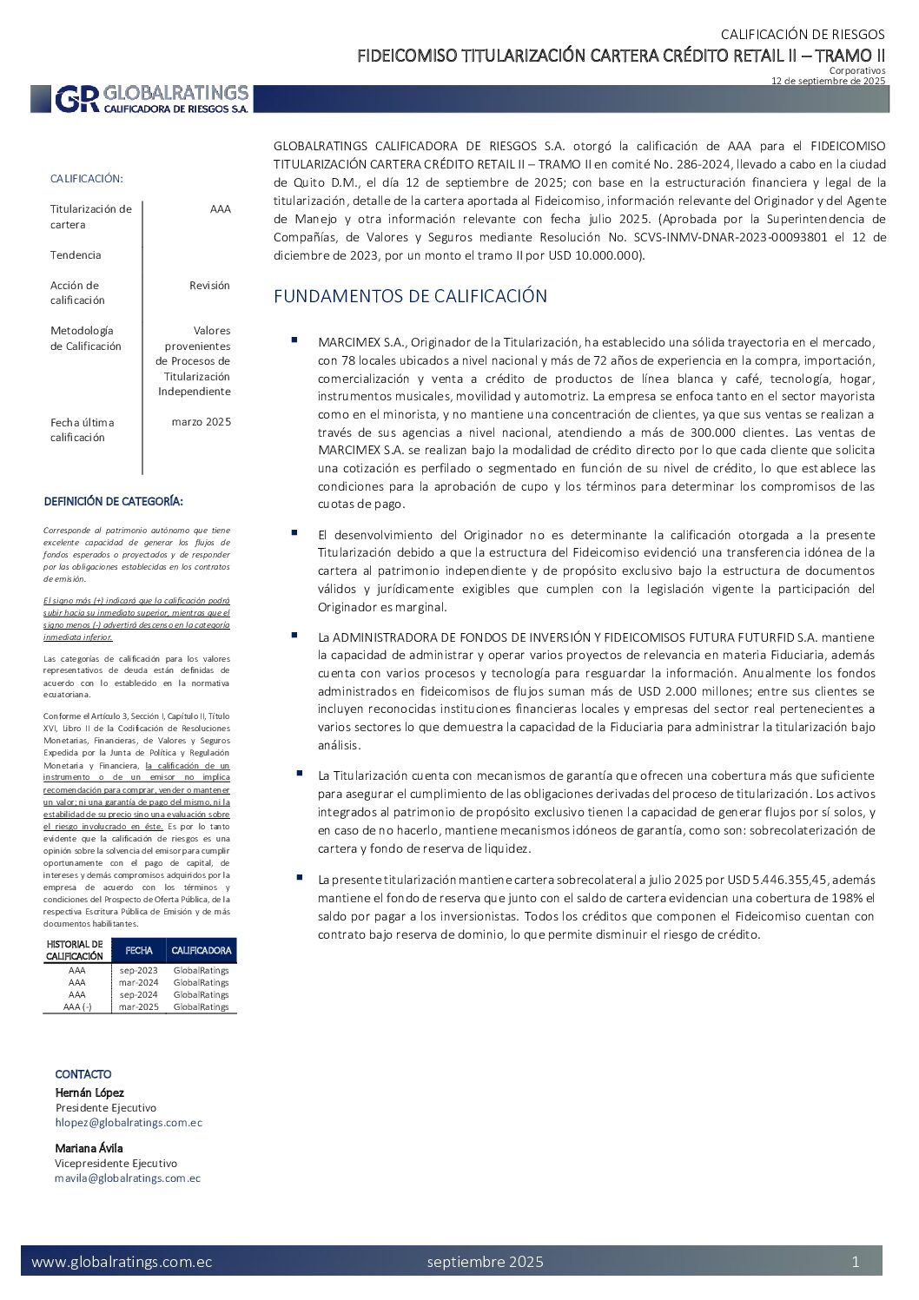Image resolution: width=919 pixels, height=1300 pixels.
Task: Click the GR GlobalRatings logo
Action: pyautogui.click(x=152, y=99)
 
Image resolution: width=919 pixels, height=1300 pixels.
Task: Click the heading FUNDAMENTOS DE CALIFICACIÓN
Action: pyautogui.click(x=410, y=296)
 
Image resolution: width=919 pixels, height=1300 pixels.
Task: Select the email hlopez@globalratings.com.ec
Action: pyautogui.click(x=129, y=1122)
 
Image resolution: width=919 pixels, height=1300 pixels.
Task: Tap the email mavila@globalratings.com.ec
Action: pyautogui.click(x=128, y=1178)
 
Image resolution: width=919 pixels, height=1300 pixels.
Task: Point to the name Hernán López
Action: pyautogui.click(x=89, y=1092)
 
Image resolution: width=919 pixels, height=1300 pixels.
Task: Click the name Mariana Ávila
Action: pyautogui.click(x=89, y=1148)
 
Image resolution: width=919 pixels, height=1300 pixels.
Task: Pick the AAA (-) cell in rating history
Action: pyautogui.click(x=77, y=1006)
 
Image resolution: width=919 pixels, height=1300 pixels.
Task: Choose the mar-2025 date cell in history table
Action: pyautogui.click(x=139, y=1006)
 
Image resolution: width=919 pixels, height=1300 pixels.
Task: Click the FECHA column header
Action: pyautogui.click(x=139, y=950)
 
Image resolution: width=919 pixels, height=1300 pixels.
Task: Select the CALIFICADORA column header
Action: pyautogui.click(x=202, y=950)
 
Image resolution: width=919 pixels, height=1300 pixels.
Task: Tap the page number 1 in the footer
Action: pyautogui.click(x=856, y=1262)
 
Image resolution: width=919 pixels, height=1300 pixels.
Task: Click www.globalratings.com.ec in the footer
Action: pyautogui.click(x=122, y=1262)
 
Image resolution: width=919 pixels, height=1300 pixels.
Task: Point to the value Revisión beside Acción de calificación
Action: pyautogui.click(x=209, y=285)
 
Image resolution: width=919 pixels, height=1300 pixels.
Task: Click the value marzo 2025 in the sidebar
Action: pyautogui.click(x=202, y=422)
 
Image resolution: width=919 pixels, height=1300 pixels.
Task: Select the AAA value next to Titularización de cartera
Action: pyautogui.click(x=221, y=209)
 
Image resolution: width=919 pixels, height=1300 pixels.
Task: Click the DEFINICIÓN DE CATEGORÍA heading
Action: pyautogui.click(x=114, y=501)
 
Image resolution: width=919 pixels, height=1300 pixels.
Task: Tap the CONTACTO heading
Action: pyautogui.click(x=83, y=1074)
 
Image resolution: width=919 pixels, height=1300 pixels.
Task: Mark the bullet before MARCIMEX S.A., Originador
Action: pyautogui.click(x=294, y=340)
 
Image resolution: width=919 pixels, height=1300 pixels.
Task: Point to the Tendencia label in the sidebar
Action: pyautogui.click(x=76, y=255)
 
